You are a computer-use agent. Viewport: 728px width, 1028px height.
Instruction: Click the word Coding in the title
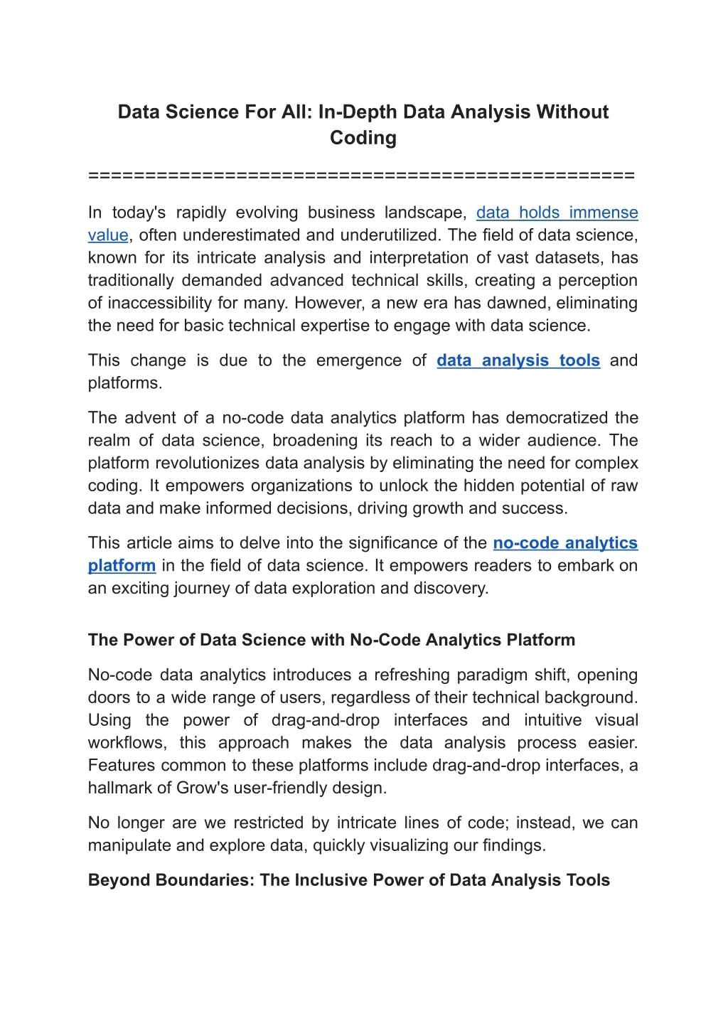(363, 138)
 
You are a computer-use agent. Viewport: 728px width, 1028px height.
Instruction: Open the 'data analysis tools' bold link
(518, 360)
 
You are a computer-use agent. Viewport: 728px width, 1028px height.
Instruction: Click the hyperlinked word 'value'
(108, 235)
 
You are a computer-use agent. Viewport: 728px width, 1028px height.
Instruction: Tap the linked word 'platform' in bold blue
(122, 566)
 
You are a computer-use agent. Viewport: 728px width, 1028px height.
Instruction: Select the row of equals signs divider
(361, 176)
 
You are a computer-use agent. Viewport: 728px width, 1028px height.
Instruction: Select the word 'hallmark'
(119, 788)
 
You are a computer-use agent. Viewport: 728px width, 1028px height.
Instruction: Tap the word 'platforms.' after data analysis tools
(125, 383)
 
